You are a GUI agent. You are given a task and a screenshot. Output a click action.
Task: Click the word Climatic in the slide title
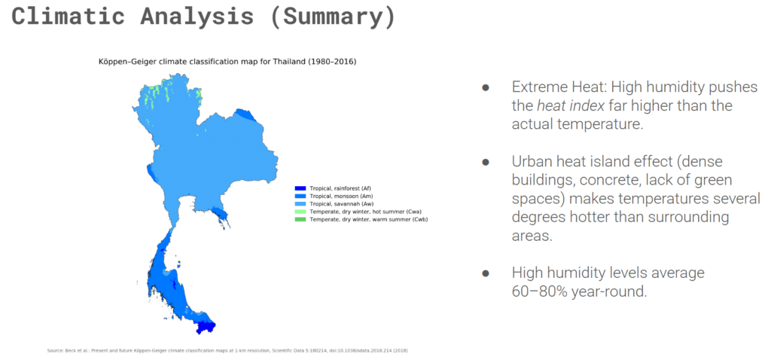point(69,17)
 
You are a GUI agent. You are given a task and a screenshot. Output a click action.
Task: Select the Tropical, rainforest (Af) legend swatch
point(300,188)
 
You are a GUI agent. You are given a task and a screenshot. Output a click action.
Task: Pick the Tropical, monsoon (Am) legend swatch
point(300,197)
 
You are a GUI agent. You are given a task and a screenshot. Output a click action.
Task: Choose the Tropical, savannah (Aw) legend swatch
point(300,203)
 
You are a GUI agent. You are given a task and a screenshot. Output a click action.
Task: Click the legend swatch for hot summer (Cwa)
point(300,212)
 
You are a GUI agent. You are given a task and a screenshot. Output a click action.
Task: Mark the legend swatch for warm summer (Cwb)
point(300,219)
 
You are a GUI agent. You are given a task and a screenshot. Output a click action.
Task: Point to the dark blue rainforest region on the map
point(206,327)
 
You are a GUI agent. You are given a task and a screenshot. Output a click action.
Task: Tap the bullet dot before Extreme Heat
point(486,87)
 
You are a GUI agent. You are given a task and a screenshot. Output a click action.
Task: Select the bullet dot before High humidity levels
point(486,273)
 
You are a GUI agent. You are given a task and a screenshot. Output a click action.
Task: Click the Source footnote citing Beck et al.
point(227,351)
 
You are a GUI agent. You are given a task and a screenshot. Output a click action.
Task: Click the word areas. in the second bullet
point(532,236)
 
